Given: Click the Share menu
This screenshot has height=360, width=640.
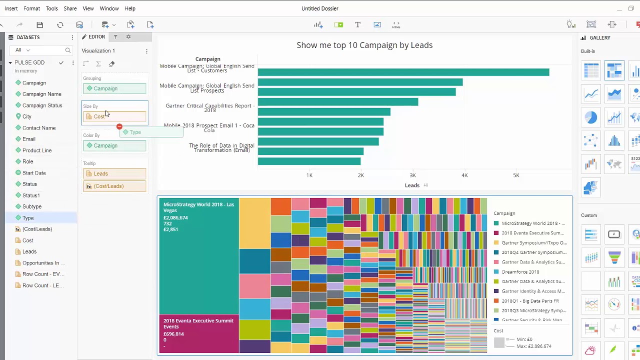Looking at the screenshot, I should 70,8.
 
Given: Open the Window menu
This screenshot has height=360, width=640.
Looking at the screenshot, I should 109,8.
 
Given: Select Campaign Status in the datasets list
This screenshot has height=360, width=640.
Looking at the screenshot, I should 42,105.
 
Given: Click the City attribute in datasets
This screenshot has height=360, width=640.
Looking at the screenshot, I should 27,116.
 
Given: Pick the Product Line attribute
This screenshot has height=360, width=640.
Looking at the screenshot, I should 37,150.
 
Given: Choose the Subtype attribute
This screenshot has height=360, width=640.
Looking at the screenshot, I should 32,206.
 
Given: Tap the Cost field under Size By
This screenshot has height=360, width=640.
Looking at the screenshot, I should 114,116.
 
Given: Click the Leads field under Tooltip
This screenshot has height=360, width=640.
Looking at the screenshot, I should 114,173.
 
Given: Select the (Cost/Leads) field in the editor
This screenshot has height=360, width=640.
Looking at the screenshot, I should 114,186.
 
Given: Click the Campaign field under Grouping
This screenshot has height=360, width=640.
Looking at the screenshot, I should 114,88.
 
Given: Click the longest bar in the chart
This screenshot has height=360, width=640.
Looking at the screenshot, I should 403,72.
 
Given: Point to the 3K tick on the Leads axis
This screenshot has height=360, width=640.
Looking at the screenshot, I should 412,175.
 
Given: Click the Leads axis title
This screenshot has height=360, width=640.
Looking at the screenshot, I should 412,185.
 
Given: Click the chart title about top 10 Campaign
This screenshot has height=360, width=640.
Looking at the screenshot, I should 364,45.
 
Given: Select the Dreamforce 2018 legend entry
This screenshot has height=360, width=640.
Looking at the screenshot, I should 520,272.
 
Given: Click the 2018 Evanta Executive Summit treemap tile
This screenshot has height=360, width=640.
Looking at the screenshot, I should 198,333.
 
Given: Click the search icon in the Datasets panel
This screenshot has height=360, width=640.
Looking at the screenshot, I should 68,50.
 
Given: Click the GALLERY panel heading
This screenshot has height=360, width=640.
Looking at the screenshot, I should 599,38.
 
